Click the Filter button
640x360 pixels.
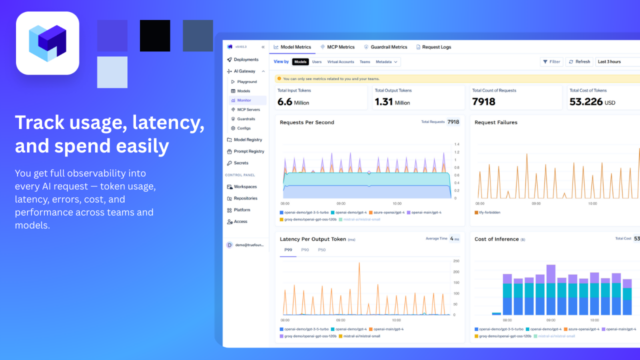tap(551, 61)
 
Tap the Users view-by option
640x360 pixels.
tap(317, 62)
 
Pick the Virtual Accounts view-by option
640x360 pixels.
tap(340, 62)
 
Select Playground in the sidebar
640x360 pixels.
tap(247, 81)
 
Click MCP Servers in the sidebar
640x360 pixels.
tap(248, 109)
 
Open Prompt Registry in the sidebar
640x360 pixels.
tap(248, 151)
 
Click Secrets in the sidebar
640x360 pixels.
tap(241, 163)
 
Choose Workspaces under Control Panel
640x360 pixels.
tap(245, 187)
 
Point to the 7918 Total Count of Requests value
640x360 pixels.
tap(483, 102)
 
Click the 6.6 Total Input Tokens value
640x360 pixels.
tap(284, 102)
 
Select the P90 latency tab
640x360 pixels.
tap(305, 250)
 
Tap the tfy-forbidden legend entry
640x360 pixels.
tap(490, 212)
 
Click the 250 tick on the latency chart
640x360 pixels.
tap(456, 261)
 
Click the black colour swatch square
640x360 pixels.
tap(155, 35)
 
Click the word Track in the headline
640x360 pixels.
tap(39, 123)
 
